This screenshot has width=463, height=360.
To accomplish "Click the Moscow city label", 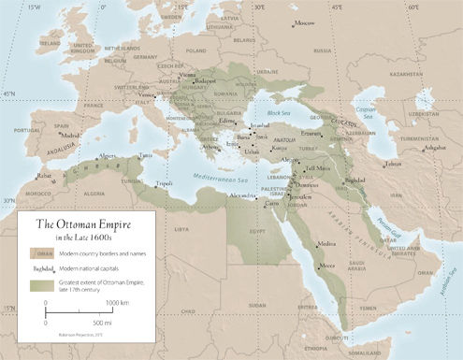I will [305, 23].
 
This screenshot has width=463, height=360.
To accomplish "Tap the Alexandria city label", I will [243, 196].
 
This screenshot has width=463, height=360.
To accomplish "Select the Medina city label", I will [326, 243].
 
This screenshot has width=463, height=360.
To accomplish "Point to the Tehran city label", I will [393, 165].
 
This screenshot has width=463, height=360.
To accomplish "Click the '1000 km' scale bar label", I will [117, 304].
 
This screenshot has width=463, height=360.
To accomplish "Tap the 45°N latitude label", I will [9, 94].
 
